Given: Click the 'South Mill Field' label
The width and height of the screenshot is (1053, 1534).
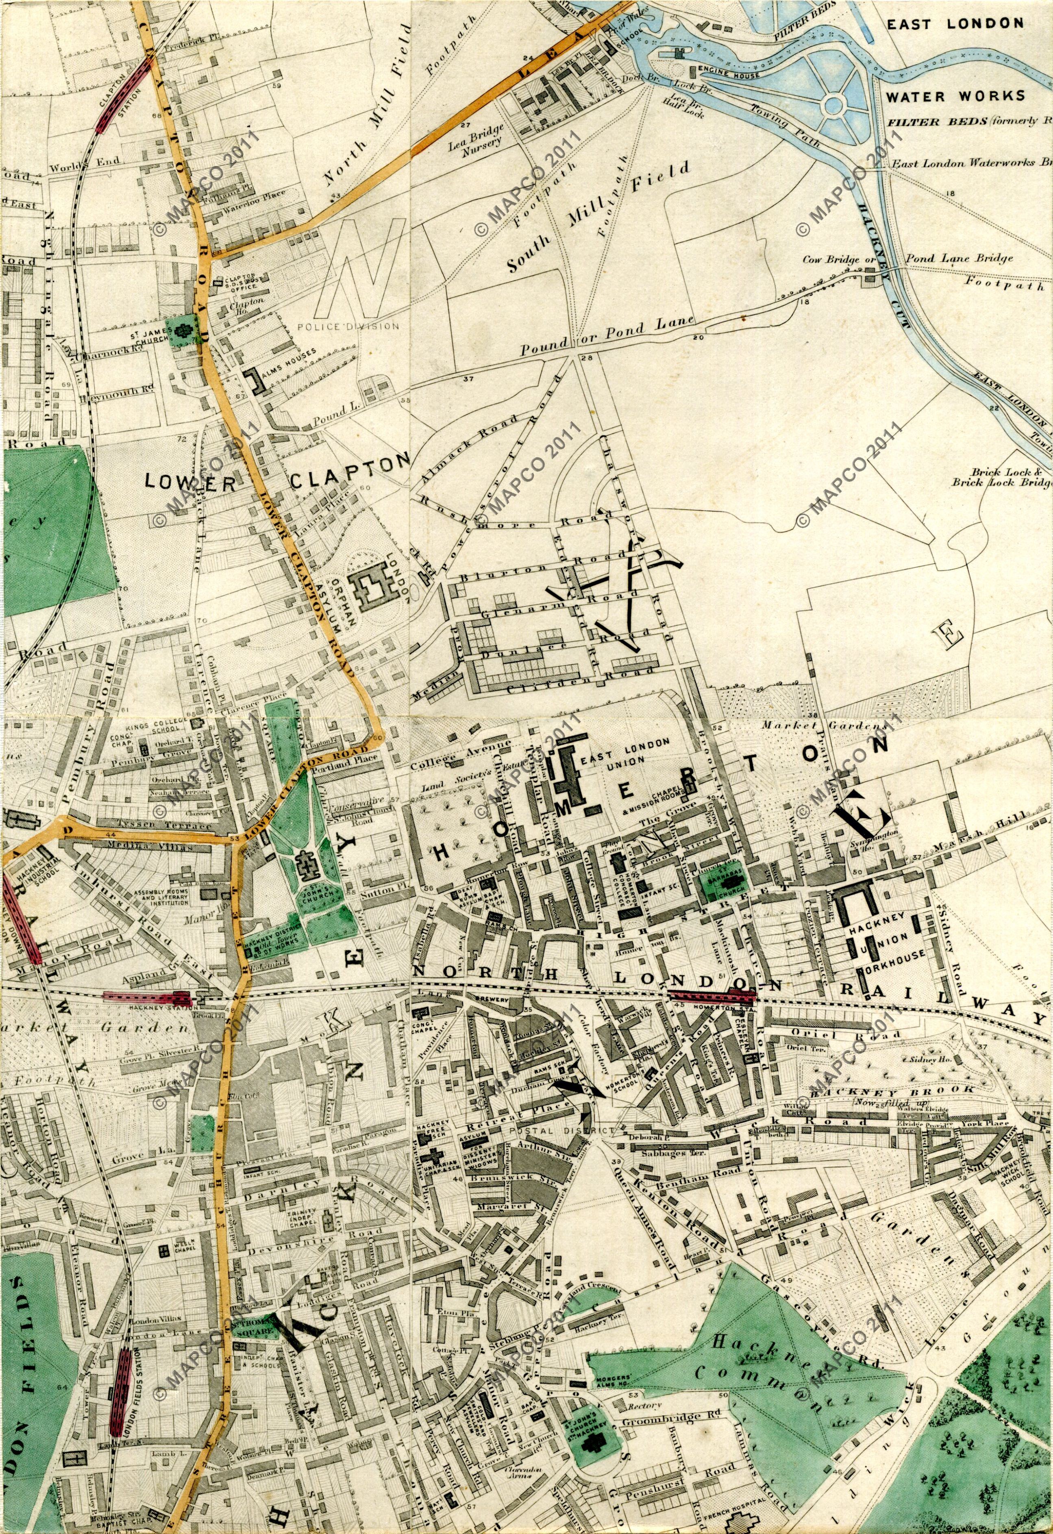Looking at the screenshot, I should [598, 217].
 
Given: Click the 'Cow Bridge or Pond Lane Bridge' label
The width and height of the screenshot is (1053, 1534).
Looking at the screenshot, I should [907, 259].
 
